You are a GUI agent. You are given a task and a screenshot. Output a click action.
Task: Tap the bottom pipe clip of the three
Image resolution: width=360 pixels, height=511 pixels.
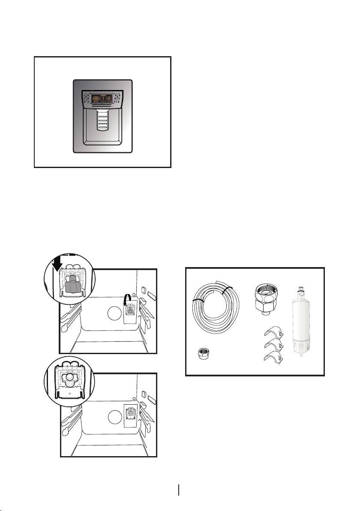[x=272, y=357]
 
